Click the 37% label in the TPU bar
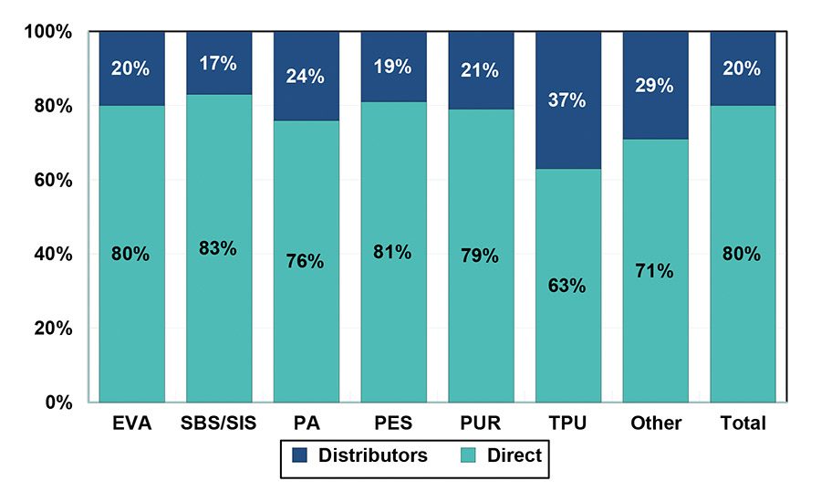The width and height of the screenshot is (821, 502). point(568,100)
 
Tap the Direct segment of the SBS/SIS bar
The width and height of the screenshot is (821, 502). point(219,310)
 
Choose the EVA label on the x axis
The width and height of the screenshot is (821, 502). point(132,424)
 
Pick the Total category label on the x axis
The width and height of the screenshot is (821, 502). point(743,424)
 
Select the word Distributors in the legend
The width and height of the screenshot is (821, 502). point(372,455)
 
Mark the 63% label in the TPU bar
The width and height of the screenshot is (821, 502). point(568,286)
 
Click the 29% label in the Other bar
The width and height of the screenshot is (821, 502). point(656,86)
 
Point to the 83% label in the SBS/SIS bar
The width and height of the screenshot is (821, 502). point(219,248)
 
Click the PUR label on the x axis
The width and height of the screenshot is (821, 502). point(481,424)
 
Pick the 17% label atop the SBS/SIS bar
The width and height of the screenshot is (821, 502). point(219,63)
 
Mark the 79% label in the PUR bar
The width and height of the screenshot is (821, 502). point(481,256)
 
